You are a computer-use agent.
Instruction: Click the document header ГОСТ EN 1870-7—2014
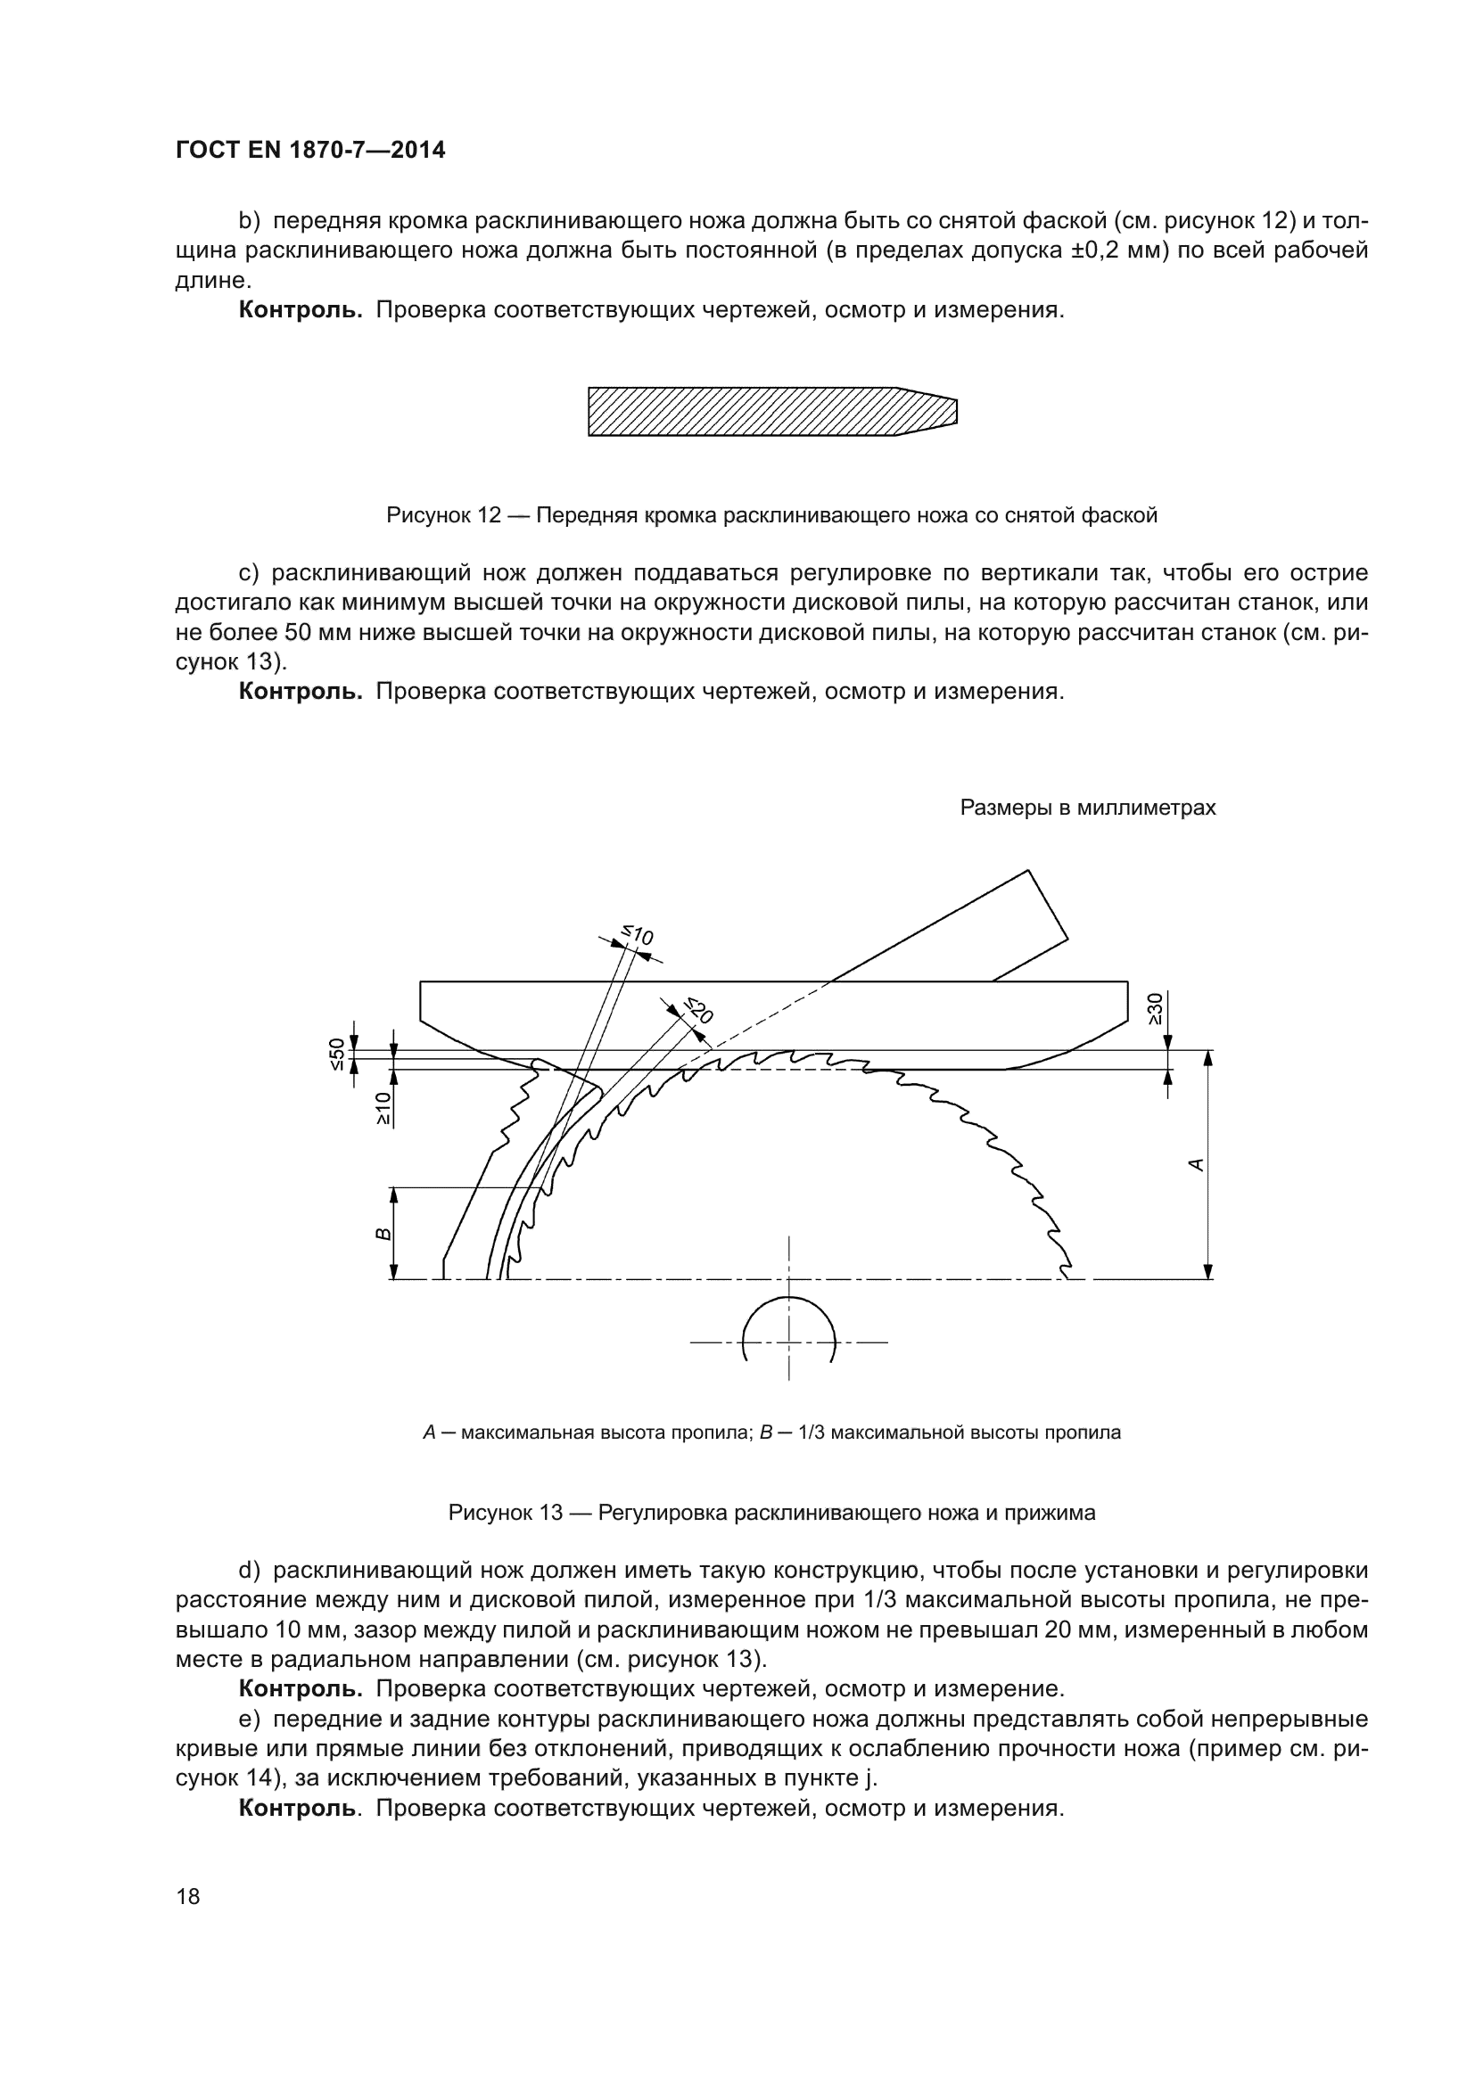309,151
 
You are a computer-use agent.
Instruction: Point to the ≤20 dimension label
698,1010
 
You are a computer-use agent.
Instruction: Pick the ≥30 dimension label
1154,1009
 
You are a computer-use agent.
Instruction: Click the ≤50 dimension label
337,1055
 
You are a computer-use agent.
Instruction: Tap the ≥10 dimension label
383,1109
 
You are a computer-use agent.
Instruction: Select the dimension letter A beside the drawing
1196,1164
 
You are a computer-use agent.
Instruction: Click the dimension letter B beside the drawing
383,1233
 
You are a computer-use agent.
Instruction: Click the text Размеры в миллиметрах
1087,808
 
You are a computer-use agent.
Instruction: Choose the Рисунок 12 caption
771,516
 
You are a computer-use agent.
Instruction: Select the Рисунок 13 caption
771,1513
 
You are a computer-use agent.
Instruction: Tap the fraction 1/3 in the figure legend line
810,1433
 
